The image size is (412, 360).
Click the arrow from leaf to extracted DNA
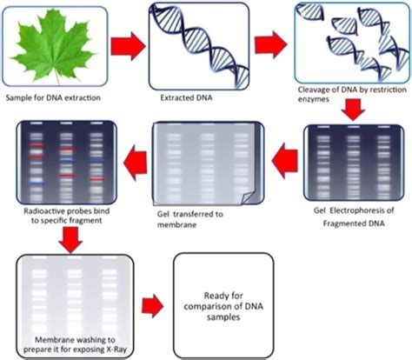126,45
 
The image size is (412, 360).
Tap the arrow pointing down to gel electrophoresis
353,109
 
